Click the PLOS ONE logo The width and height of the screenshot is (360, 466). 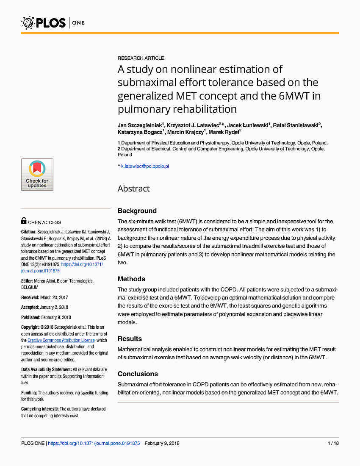(53, 22)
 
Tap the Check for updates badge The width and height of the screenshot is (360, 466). (37, 175)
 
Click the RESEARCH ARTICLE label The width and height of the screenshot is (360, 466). (141, 58)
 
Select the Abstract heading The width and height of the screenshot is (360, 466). (133, 189)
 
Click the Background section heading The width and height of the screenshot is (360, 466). (137, 211)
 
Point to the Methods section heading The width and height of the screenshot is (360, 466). (131, 279)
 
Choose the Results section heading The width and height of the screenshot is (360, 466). (130, 338)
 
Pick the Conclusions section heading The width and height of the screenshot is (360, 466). (138, 374)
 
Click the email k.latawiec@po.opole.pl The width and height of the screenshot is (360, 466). (145, 166)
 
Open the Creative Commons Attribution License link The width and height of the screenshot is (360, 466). (61, 340)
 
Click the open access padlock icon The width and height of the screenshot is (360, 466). (24, 221)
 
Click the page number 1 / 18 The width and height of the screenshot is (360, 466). (333, 443)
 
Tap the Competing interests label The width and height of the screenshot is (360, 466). (40, 409)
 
